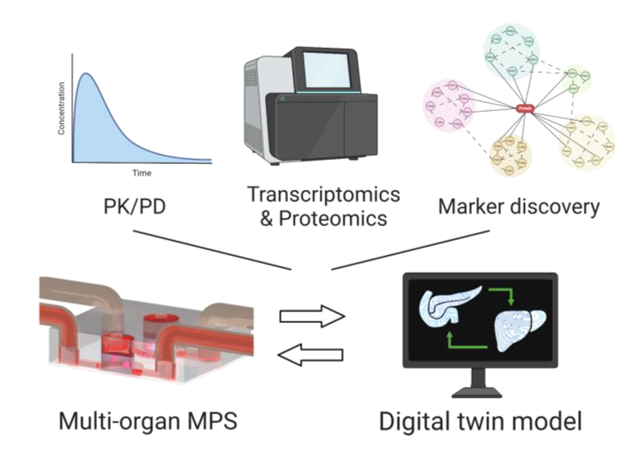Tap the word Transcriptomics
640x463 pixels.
[323, 195]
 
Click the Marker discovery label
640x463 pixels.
[519, 207]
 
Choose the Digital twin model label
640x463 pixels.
[480, 420]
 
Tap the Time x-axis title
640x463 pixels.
[142, 174]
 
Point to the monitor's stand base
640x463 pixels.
[481, 389]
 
